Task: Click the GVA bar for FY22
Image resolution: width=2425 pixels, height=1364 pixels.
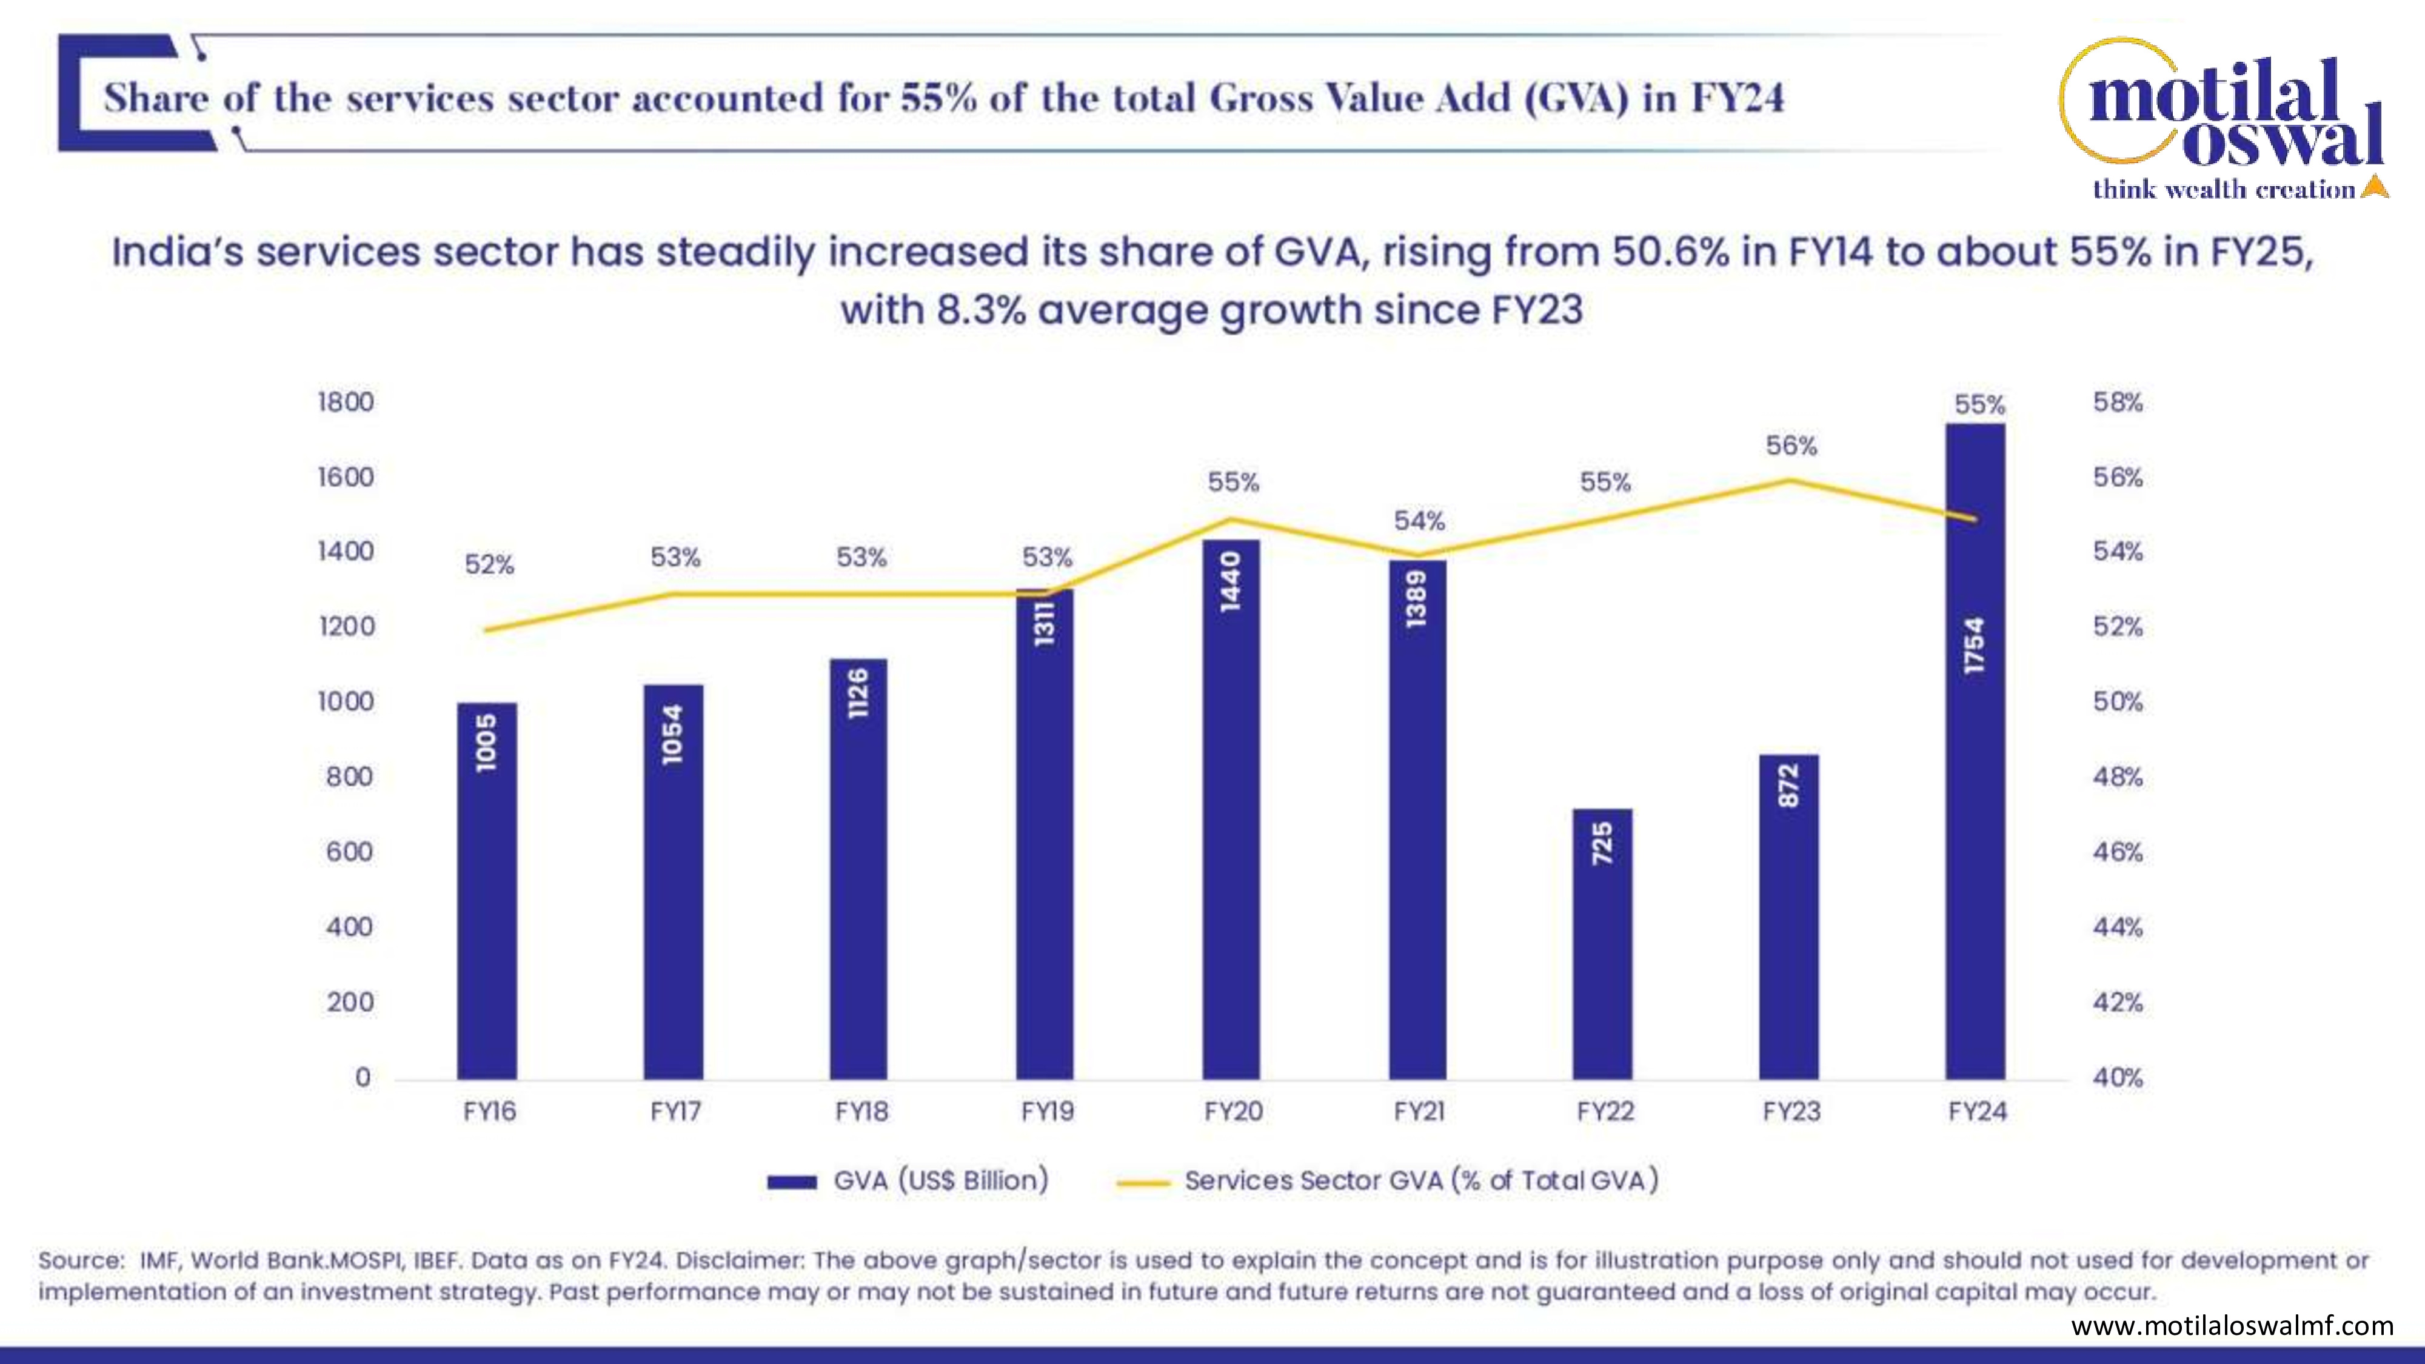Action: pyautogui.click(x=1602, y=943)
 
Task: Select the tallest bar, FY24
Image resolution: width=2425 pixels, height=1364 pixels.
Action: pyautogui.click(x=1975, y=751)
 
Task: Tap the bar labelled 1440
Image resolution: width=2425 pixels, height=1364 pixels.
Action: pyautogui.click(x=1231, y=809)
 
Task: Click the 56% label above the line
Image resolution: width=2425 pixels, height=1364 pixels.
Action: pyautogui.click(x=1790, y=445)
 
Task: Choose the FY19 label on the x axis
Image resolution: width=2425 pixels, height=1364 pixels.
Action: pyautogui.click(x=1047, y=1112)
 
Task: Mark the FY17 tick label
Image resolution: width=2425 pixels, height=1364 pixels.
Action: pyautogui.click(x=675, y=1112)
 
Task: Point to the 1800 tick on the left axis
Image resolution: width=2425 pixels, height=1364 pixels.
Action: pyautogui.click(x=346, y=402)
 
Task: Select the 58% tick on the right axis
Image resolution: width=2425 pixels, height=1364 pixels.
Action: pyautogui.click(x=2117, y=402)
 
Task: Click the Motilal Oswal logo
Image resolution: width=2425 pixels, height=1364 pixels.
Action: pyautogui.click(x=2222, y=119)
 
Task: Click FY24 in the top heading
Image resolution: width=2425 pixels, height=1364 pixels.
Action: pyautogui.click(x=1737, y=98)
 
